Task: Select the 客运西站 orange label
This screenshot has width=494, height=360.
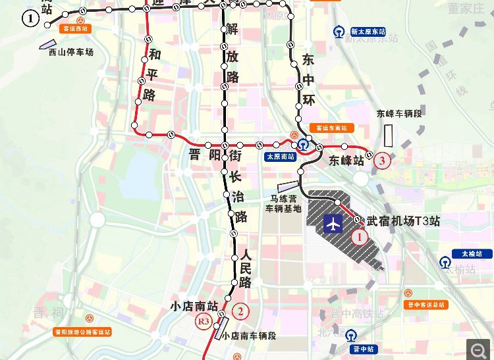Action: pos(74,29)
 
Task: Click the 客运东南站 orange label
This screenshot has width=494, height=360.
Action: pos(331,128)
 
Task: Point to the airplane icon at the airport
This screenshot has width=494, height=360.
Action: pos(333,225)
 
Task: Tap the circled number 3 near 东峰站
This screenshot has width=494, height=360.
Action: pos(381,159)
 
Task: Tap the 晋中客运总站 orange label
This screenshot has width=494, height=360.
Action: pos(426,305)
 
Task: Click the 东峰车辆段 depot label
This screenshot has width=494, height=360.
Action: pos(398,113)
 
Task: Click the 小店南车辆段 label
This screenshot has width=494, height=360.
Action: pos(249,336)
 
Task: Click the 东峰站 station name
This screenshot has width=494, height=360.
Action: pos(346,160)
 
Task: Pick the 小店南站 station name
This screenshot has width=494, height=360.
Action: pos(194,305)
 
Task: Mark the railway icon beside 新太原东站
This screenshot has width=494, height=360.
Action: pos(338,31)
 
